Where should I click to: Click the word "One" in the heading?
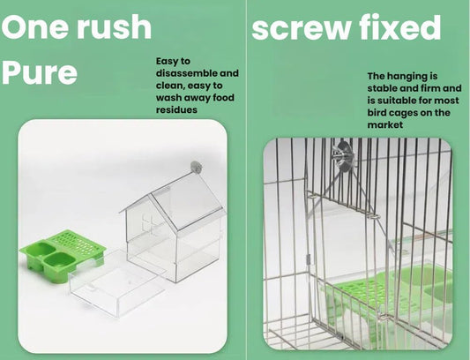35,27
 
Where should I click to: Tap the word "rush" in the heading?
115,26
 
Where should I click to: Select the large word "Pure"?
40,73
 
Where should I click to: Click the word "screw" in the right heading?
301,28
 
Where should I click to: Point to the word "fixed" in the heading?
400,26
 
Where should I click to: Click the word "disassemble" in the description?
186,73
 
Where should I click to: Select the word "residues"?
176,109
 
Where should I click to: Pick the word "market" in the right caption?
385,124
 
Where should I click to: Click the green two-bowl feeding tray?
63,253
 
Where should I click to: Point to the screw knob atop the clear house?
196,167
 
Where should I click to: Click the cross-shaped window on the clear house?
149,223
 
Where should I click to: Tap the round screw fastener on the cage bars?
345,157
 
